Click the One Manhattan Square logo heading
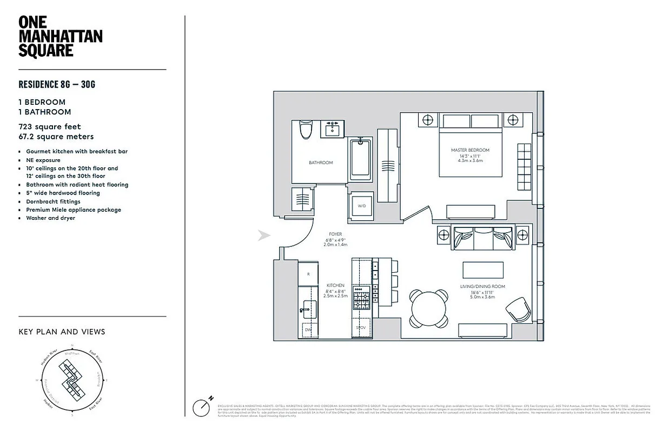[x=60, y=37]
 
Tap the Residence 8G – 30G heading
[x=57, y=84]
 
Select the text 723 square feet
[x=49, y=127]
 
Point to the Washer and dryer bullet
[x=50, y=218]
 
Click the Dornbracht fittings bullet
[x=53, y=201]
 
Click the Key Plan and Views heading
[x=62, y=332]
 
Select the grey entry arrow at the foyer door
[x=263, y=235]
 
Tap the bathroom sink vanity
[x=332, y=130]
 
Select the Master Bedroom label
[x=470, y=150]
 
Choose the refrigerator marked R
[x=308, y=275]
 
